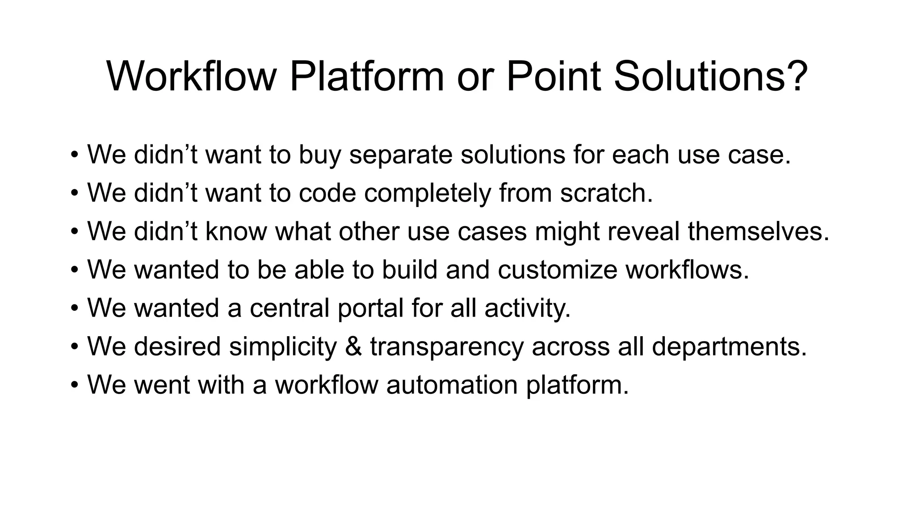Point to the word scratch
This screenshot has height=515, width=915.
click(606, 193)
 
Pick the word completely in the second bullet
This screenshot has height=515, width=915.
click(428, 193)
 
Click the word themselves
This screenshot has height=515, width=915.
click(758, 232)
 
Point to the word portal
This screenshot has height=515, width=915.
click(370, 308)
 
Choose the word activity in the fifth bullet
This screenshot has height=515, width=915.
click(527, 308)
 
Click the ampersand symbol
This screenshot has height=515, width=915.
click(353, 347)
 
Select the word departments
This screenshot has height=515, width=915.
click(729, 347)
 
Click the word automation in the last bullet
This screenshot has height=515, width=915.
click(452, 385)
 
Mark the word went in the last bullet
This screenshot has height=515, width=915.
click(162, 385)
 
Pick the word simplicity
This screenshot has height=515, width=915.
click(283, 347)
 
